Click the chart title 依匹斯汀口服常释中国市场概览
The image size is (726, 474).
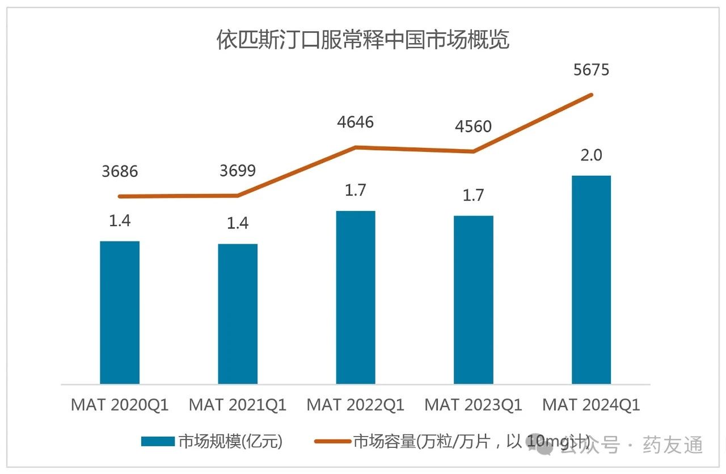[363, 41]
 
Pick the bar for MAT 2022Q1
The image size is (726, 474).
[356, 297]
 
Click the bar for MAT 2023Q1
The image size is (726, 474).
[474, 299]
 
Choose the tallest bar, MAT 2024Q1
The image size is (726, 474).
[591, 280]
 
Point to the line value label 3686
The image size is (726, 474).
[120, 171]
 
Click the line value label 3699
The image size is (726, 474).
[238, 170]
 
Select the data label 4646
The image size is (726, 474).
[356, 122]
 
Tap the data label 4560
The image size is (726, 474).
[474, 126]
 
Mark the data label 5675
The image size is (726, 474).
[591, 70]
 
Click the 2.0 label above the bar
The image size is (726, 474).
[591, 155]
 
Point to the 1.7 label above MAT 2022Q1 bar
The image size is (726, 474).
[356, 191]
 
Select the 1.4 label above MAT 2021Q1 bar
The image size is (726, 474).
[238, 223]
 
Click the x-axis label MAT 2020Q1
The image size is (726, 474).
[120, 405]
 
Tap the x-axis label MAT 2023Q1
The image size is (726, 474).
[474, 405]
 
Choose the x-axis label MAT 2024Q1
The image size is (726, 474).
[591, 405]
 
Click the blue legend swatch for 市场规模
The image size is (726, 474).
[157, 442]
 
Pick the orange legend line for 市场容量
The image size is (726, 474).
[332, 442]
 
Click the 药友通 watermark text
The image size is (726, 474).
[673, 445]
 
